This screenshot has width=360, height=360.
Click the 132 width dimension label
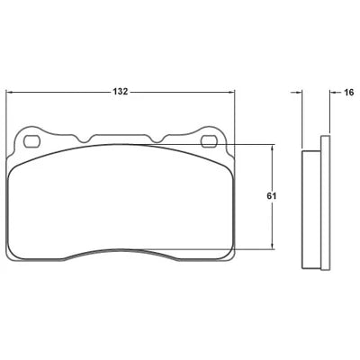click(x=121, y=92)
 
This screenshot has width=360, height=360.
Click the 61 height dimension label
click(x=272, y=196)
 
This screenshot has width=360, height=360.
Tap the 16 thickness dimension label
click(x=349, y=93)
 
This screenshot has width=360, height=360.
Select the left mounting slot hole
click(x=31, y=141)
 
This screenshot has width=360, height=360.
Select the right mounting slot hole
click(x=209, y=141)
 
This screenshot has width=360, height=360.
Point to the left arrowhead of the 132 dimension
click(x=9, y=93)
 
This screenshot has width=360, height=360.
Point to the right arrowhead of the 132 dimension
click(x=232, y=93)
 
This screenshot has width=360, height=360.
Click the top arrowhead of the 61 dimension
click(x=273, y=148)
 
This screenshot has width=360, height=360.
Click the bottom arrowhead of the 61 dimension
click(x=273, y=246)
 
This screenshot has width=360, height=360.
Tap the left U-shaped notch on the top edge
click(x=84, y=139)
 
